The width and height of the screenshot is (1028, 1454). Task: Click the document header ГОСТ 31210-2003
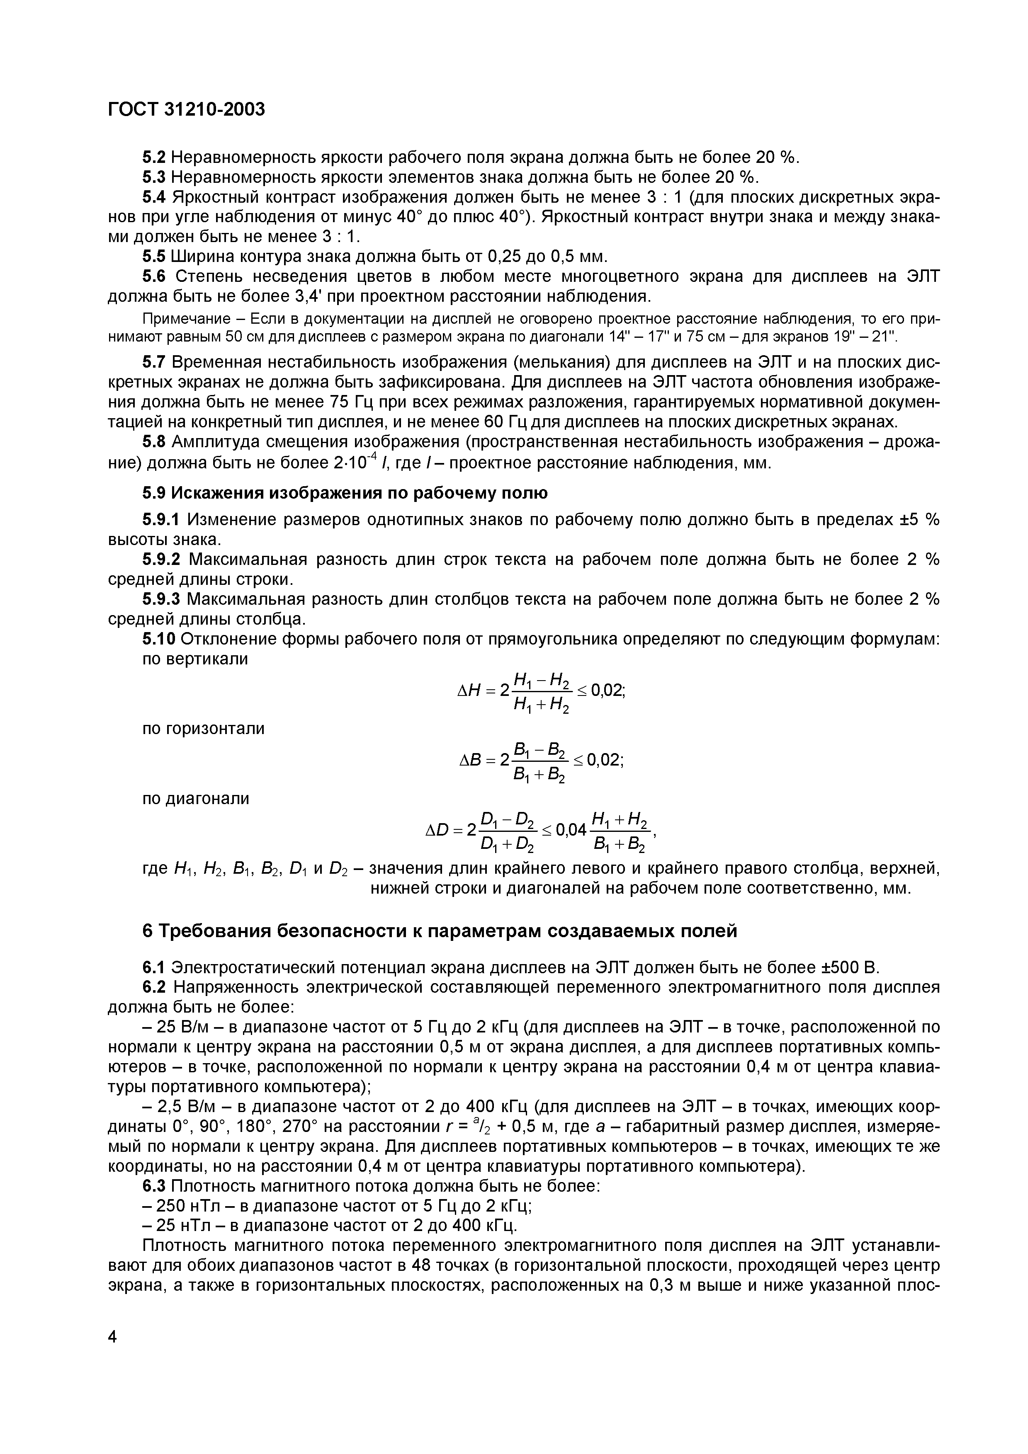click(x=186, y=109)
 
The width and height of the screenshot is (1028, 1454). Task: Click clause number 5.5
click(x=153, y=257)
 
